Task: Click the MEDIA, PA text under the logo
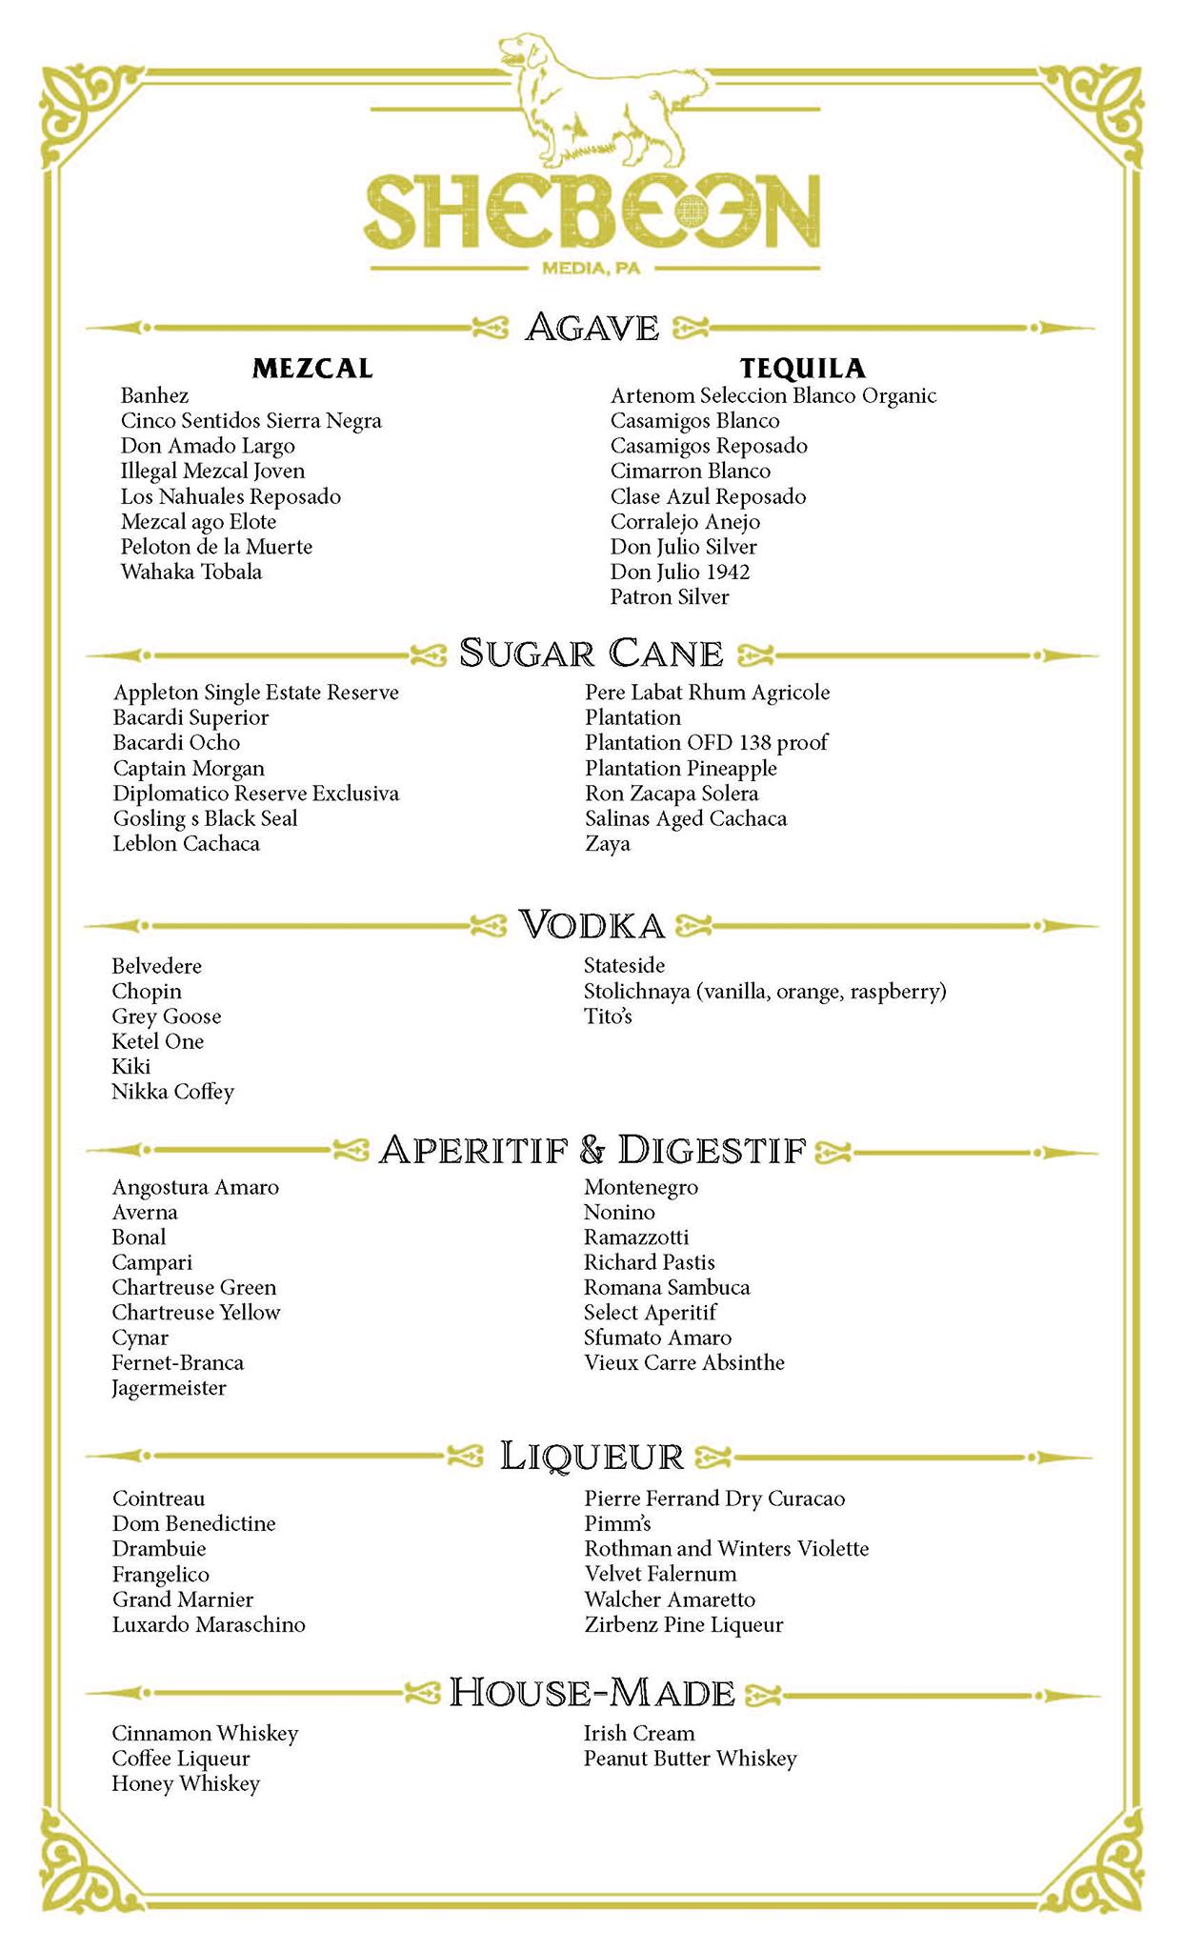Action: point(591,269)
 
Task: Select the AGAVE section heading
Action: point(592,328)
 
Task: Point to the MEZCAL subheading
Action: point(312,368)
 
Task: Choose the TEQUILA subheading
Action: point(803,368)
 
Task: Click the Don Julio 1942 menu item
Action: point(680,572)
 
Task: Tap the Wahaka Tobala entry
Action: point(191,572)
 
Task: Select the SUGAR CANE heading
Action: point(592,654)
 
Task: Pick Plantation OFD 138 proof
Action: point(706,742)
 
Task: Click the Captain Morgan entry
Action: point(189,768)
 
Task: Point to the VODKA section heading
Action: point(592,924)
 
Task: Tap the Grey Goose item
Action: point(166,1016)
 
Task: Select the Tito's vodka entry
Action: point(608,1016)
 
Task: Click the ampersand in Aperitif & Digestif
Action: point(592,1151)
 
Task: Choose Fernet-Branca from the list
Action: point(177,1362)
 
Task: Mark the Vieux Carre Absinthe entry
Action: point(684,1362)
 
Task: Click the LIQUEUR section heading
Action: point(592,1456)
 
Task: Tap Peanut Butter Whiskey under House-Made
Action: point(690,1759)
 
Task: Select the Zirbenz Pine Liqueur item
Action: point(683,1624)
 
